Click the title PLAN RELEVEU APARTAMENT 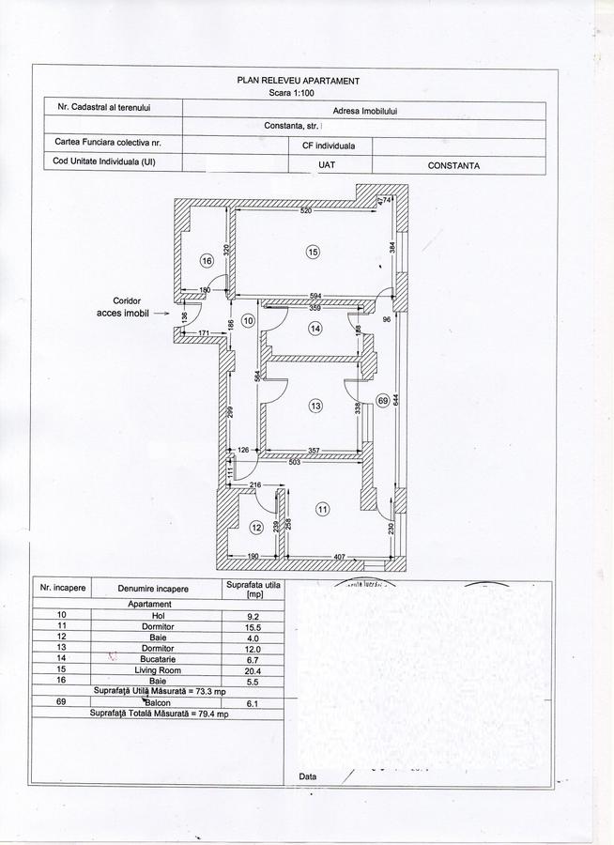299,83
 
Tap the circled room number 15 313,252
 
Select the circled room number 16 207,261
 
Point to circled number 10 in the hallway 248,320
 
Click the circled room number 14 315,329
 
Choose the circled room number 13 315,406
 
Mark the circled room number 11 323,510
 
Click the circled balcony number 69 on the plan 382,400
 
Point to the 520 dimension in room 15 306,211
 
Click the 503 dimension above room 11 294,462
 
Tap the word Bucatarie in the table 152,660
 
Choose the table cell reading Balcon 152,702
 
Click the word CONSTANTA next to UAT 453,165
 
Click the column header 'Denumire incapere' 152,589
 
